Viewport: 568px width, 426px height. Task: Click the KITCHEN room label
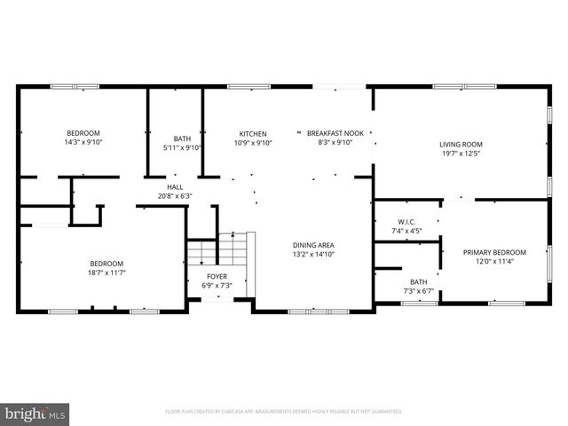click(x=253, y=133)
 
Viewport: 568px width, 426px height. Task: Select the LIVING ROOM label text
click(x=461, y=145)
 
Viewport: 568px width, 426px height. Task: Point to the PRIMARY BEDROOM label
click(x=494, y=252)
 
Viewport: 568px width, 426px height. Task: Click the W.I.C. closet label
click(x=406, y=222)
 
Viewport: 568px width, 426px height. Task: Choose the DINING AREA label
click(x=313, y=245)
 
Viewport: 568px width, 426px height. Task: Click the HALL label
click(x=175, y=187)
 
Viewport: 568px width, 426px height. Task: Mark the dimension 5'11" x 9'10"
click(x=182, y=147)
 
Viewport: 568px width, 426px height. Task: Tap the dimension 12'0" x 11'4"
click(x=494, y=262)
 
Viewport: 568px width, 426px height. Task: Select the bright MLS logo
click(x=35, y=414)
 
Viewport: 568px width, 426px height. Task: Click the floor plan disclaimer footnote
click(x=284, y=412)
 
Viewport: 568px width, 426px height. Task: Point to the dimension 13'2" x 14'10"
click(x=313, y=255)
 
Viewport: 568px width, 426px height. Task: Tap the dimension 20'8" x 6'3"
click(x=175, y=196)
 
